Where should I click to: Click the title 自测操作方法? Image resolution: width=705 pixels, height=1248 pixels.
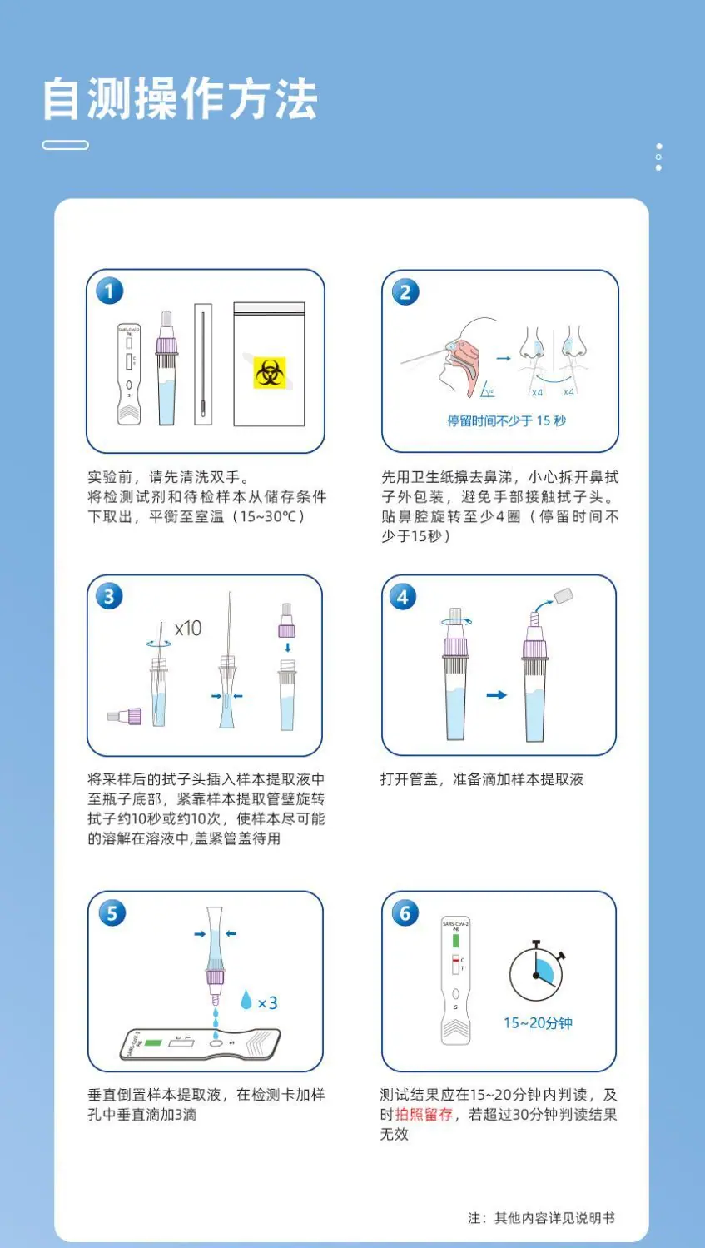[180, 99]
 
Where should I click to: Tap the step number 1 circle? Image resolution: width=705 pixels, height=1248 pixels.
[109, 291]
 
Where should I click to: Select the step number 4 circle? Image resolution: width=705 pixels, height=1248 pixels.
[403, 597]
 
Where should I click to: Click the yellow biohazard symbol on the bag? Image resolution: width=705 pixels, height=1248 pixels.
[270, 373]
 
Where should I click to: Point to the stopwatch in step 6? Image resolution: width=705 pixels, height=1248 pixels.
[536, 971]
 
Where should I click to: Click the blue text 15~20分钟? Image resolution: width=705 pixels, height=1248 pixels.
[538, 1023]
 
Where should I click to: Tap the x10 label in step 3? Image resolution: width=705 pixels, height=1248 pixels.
[188, 629]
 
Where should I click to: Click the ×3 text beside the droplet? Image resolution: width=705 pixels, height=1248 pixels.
[267, 1003]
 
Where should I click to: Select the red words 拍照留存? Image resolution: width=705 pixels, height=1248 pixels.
[424, 1114]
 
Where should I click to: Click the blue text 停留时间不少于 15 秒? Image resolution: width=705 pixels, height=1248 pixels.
[506, 420]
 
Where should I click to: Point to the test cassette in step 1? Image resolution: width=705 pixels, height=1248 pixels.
[129, 374]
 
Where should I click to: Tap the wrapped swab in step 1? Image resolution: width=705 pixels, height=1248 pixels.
[203, 365]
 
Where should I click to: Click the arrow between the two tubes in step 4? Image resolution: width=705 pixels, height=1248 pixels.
[496, 694]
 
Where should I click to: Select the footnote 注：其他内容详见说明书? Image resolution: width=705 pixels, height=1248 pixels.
[541, 1218]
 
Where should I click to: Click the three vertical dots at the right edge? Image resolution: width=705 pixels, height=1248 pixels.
[658, 157]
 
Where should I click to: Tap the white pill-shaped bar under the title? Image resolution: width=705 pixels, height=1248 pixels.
[65, 145]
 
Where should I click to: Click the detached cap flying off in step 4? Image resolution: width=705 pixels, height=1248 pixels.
[564, 595]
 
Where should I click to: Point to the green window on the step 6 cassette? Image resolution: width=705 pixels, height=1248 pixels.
[455, 941]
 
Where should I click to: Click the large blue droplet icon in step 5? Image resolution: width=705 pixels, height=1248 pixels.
[246, 999]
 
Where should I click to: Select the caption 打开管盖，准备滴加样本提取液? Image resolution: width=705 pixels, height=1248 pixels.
[482, 779]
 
